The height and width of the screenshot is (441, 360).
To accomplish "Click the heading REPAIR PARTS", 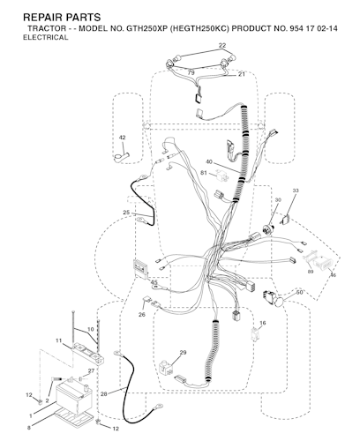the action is click(x=62, y=18).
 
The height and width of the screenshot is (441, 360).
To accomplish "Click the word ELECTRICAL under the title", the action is click(x=46, y=38).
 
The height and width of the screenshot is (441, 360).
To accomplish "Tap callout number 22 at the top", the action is click(x=222, y=45).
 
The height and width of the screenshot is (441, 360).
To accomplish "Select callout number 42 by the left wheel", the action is click(x=122, y=138).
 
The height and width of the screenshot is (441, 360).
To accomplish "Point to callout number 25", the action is click(x=126, y=213).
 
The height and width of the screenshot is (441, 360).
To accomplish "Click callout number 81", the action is click(x=204, y=173).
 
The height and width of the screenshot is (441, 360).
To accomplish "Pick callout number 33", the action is click(x=296, y=191).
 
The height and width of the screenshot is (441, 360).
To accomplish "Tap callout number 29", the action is click(x=183, y=352).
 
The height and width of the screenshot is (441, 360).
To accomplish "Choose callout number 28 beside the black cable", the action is click(x=104, y=394).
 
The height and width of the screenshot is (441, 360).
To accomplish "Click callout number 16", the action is click(x=263, y=323).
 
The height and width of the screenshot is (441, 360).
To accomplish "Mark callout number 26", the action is click(x=142, y=315).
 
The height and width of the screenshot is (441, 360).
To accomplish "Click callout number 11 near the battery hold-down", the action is click(x=59, y=340).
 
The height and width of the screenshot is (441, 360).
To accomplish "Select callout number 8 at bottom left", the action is click(x=29, y=428).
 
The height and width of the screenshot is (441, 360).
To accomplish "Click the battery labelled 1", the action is click(x=74, y=398).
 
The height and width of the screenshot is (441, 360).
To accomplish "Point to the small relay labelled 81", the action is click(x=221, y=176).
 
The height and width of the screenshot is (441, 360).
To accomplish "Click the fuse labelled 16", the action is click(x=255, y=333).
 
